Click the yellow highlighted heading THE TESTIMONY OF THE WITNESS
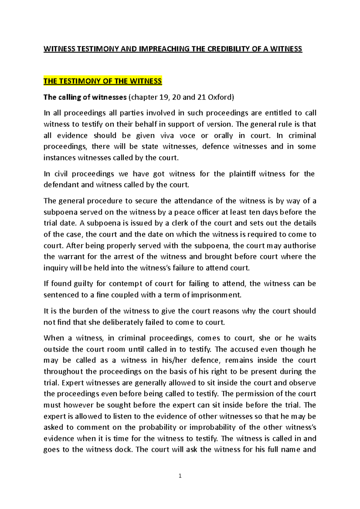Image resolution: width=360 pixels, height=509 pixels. coord(103,81)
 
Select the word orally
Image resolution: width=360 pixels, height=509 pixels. coord(223,135)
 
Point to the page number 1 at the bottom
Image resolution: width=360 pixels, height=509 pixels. coord(180,476)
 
